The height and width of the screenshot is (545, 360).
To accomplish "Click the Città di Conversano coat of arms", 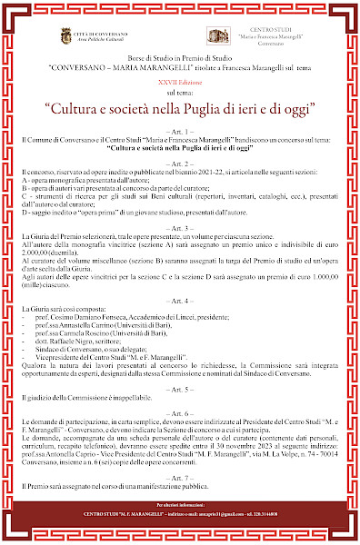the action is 65,35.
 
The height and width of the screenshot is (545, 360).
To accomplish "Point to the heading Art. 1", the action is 180,131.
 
